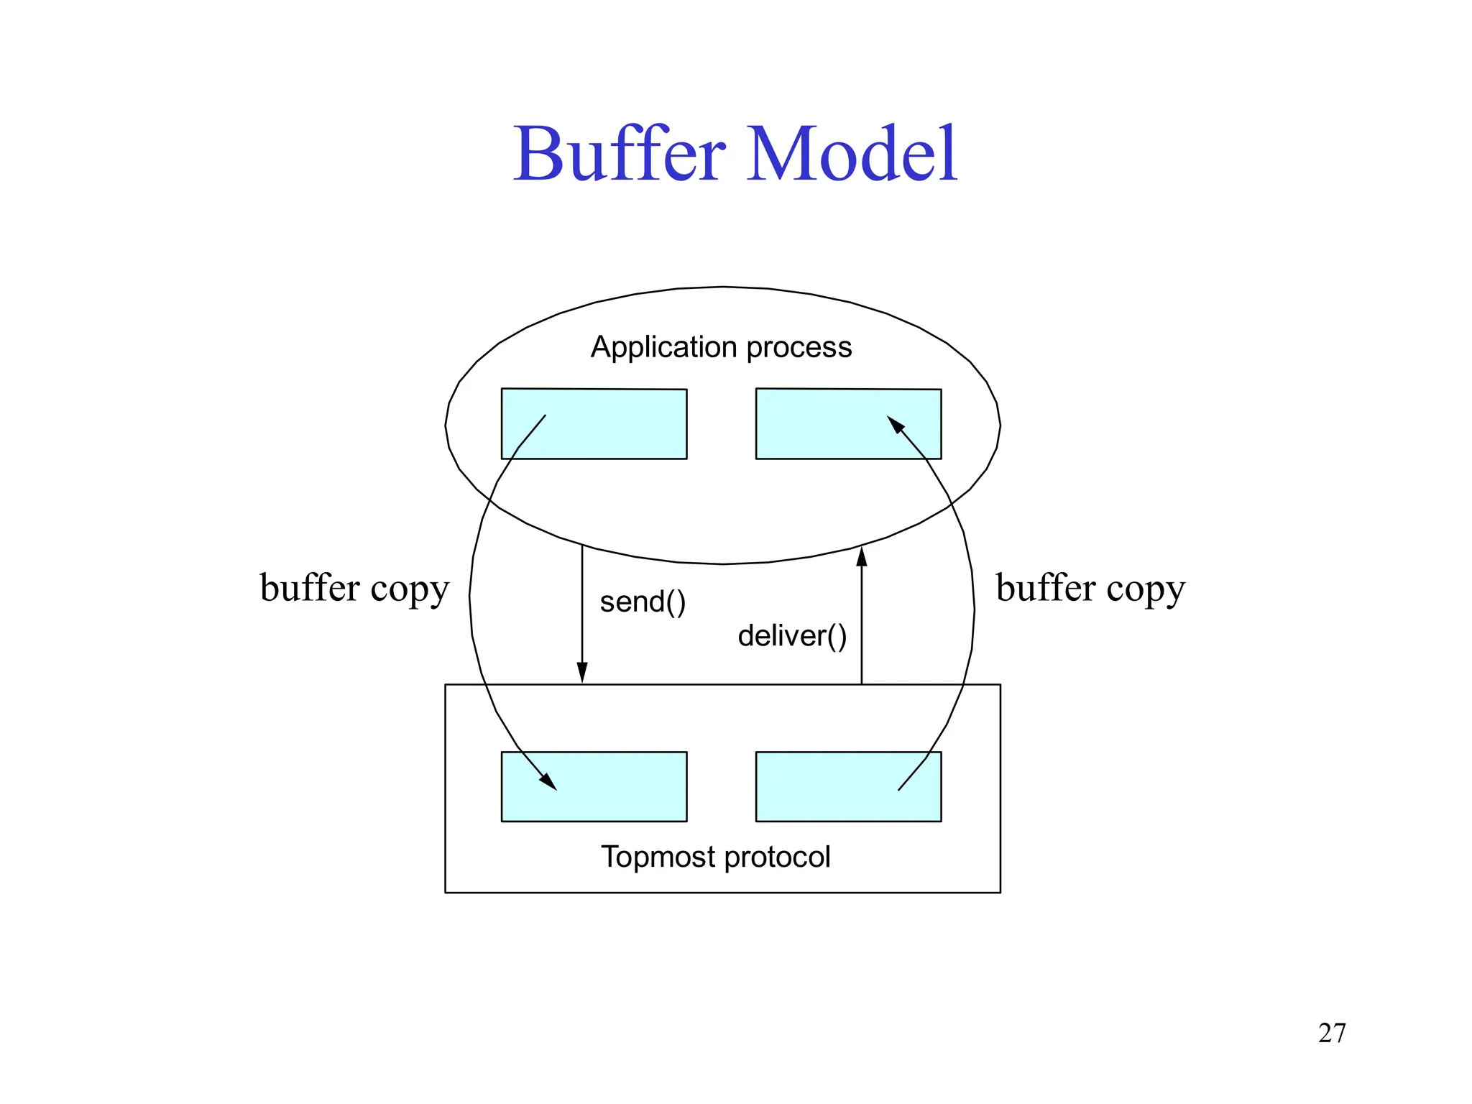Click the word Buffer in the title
[x=620, y=154]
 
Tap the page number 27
[x=1332, y=1033]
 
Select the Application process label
[x=721, y=347]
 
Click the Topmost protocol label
[x=715, y=857]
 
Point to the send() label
[x=643, y=602]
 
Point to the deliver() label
[x=792, y=636]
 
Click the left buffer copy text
[x=354, y=588]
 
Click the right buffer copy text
[x=1090, y=588]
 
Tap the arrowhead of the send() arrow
[x=582, y=673]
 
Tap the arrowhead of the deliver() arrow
[x=862, y=556]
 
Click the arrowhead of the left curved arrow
[x=549, y=782]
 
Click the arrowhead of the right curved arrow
[x=896, y=424]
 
